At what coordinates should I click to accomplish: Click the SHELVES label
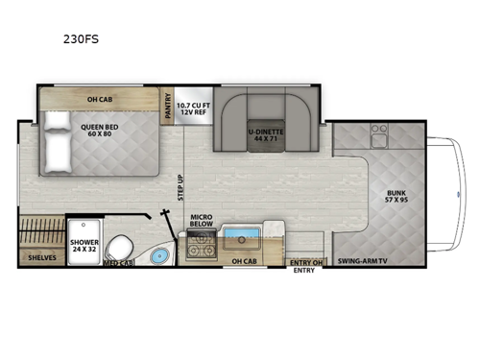tap(41, 257)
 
